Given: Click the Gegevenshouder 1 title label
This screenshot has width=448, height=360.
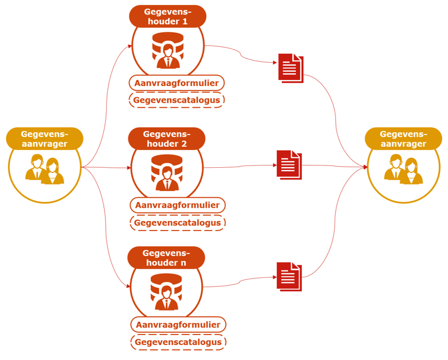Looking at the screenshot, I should tap(167, 16).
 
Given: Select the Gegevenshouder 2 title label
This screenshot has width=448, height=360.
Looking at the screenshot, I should tap(166, 138).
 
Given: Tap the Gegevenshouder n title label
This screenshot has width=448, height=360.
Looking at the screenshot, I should tap(166, 257).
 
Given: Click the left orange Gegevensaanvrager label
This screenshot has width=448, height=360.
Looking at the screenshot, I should tap(44, 138).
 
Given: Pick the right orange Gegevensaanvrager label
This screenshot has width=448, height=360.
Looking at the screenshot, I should tap(403, 138).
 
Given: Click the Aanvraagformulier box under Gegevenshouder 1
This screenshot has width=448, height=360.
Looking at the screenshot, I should tap(177, 83).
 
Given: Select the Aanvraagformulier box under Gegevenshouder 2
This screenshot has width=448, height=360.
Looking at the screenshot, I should tap(177, 206).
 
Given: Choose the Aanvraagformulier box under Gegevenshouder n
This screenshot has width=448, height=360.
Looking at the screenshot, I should tap(178, 324).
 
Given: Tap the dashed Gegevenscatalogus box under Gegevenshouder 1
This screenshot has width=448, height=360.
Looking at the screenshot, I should tap(177, 101).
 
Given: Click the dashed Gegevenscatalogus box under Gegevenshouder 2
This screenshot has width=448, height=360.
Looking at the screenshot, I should tap(178, 223).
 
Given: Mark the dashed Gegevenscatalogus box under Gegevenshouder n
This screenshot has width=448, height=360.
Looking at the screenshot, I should tap(178, 342).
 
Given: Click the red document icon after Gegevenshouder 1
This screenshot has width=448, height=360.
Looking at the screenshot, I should tap(291, 68).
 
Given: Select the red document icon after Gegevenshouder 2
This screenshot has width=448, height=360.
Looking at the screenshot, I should tap(289, 165).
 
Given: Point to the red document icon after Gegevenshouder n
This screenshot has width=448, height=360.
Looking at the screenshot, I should tap(289, 276).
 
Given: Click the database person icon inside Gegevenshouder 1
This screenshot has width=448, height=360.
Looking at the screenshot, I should tap(168, 50).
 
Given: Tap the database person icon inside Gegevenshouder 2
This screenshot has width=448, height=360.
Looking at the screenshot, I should tap(167, 172).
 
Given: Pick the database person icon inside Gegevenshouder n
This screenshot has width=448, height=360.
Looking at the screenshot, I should tap(167, 292).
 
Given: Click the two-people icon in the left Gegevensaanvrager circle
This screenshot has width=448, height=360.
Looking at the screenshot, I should tap(44, 169).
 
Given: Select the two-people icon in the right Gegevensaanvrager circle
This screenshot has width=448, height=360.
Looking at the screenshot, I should tap(404, 169).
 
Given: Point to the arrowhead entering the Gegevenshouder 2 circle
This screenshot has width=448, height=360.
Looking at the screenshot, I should tap(128, 167).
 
